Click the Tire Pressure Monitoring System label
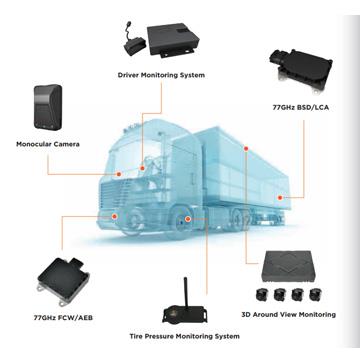(x=184, y=337)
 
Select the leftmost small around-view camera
(x=262, y=297)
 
